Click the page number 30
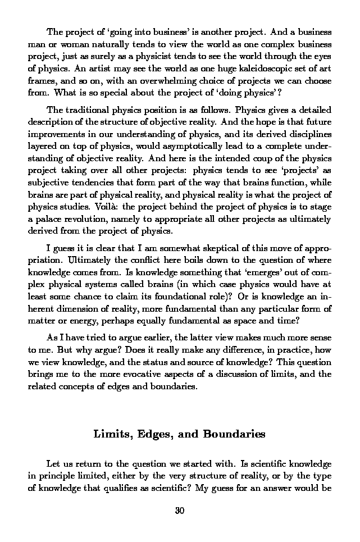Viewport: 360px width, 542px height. click(180, 510)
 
